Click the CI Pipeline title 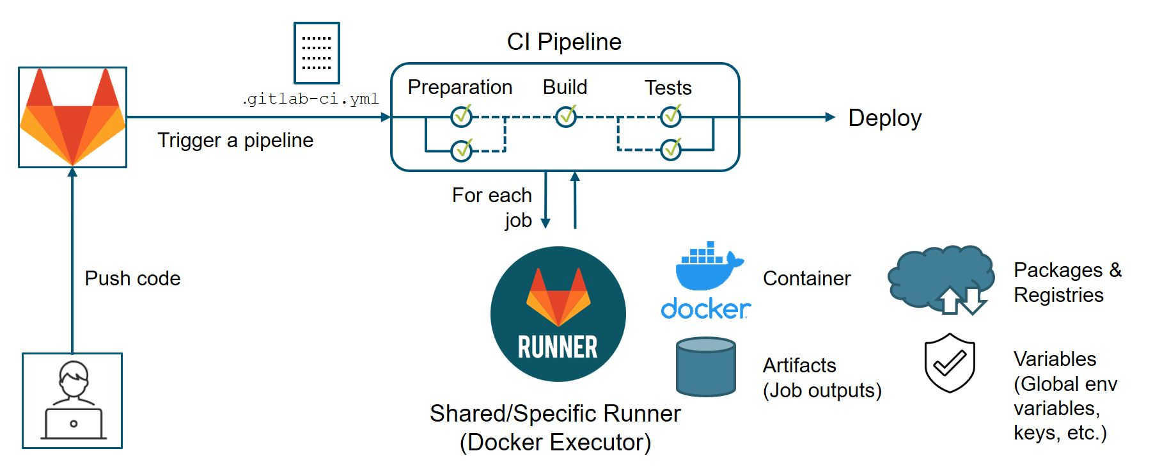[x=563, y=42]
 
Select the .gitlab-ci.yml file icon [x=316, y=53]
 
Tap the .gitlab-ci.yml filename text [x=311, y=99]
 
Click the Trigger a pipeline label [x=235, y=140]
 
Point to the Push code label [x=132, y=278]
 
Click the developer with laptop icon [x=72, y=400]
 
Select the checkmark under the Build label [x=566, y=116]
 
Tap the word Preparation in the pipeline [x=460, y=87]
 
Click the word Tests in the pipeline [x=668, y=88]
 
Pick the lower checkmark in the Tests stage [x=671, y=150]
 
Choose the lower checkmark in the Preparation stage [x=462, y=150]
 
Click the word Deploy [x=884, y=118]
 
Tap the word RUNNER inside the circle [x=558, y=347]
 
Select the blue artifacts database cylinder [x=705, y=367]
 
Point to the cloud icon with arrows [x=941, y=278]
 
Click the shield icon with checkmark [x=950, y=362]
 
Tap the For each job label [x=492, y=207]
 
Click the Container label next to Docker [x=806, y=278]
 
